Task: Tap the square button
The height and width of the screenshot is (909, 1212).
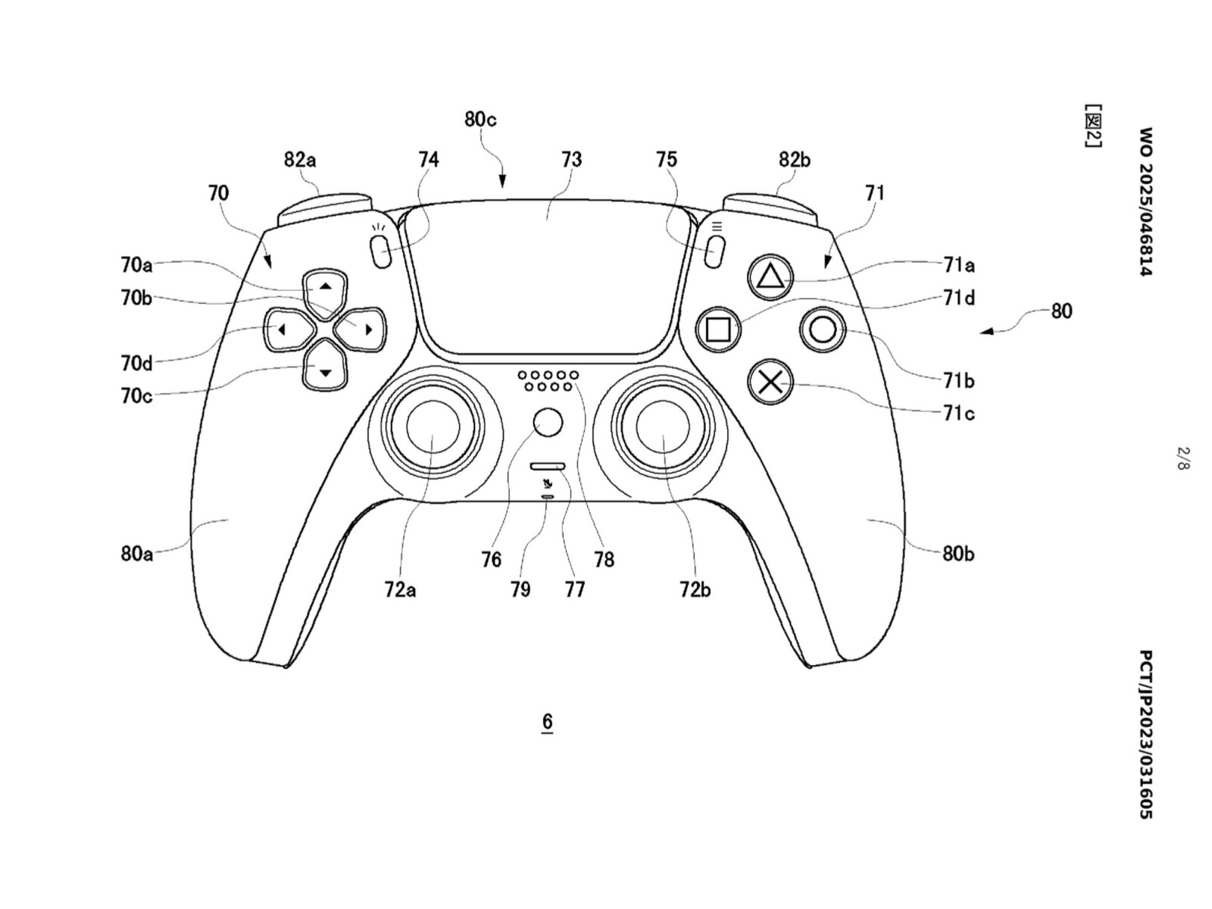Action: (x=718, y=329)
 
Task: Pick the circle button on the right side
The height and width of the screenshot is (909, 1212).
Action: (x=823, y=330)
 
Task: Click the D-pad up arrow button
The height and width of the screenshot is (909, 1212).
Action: (x=326, y=290)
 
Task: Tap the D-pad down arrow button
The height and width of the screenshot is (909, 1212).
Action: (x=326, y=367)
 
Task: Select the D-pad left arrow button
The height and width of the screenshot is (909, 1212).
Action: (x=287, y=330)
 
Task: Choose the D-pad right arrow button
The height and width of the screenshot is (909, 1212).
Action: (x=361, y=330)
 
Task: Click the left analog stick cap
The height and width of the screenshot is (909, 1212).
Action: (x=433, y=426)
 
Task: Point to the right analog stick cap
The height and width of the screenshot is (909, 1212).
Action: (x=663, y=426)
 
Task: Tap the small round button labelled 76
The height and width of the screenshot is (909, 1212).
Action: (x=548, y=422)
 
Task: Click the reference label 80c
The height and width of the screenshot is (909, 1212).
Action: (x=479, y=119)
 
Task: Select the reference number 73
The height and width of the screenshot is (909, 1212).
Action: (x=571, y=160)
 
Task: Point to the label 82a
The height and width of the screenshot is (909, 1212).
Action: (x=300, y=160)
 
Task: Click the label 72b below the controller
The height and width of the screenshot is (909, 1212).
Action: (x=695, y=590)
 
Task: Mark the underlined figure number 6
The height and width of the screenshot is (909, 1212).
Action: (x=547, y=721)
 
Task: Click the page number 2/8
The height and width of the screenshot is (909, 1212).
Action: (x=1183, y=458)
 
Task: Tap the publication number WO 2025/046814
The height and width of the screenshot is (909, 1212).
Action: (x=1146, y=201)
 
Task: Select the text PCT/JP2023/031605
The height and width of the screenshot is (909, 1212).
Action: (x=1146, y=734)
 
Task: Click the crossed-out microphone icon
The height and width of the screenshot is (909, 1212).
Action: (x=547, y=485)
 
